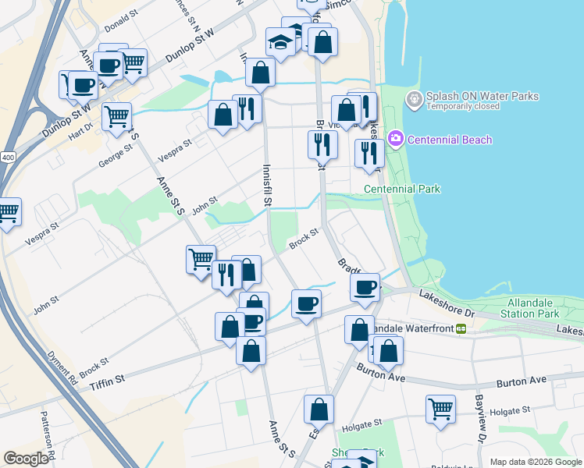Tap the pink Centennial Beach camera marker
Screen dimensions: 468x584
tap(396, 140)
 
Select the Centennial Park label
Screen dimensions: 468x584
tap(402, 189)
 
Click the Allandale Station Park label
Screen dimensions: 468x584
tap(533, 307)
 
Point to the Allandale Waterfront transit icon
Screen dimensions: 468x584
tap(461, 329)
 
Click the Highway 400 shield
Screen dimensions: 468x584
tap(8, 157)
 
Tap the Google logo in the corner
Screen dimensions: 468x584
tap(26, 459)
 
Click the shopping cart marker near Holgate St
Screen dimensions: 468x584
tap(440, 408)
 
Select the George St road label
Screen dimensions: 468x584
tap(116, 159)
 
